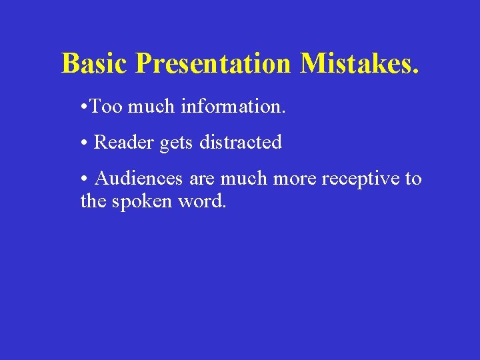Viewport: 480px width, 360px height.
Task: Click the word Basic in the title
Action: (x=95, y=64)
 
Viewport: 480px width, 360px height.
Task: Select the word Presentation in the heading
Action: (x=213, y=64)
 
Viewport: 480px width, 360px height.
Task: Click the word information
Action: (x=233, y=106)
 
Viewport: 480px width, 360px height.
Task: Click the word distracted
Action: (x=241, y=142)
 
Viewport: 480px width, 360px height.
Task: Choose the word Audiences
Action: (x=139, y=178)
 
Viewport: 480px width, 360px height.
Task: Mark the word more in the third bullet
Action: (x=293, y=179)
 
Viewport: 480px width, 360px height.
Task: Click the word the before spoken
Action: (x=93, y=200)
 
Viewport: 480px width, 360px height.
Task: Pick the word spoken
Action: (x=141, y=201)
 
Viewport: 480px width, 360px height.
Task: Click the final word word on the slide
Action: (x=202, y=200)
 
